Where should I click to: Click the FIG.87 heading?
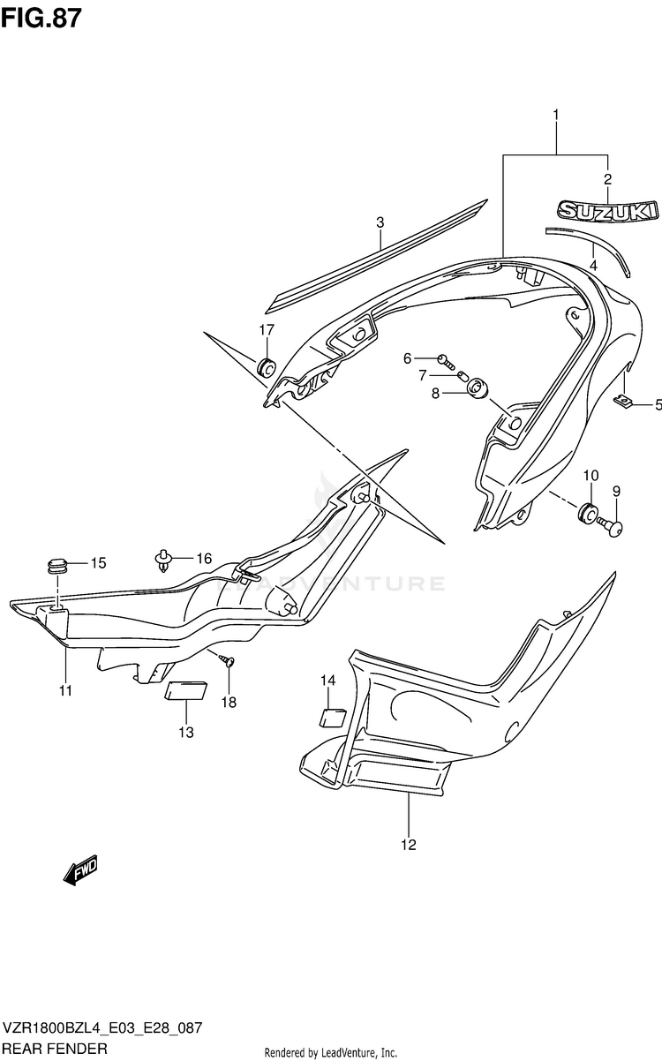41,19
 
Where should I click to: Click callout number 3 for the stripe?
380,222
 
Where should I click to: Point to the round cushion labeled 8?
478,389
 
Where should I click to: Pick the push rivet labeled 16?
164,561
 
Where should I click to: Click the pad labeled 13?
185,690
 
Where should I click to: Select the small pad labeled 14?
333,718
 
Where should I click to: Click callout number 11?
65,691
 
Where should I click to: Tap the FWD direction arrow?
80,869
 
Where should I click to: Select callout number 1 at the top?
556,115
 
